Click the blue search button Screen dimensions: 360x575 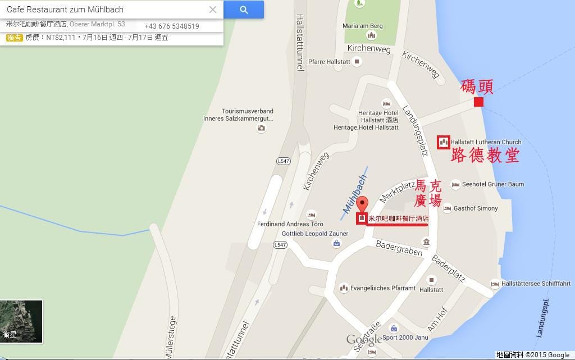point(243,10)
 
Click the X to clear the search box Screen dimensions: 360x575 point(213,10)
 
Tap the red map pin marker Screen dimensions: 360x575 point(362,204)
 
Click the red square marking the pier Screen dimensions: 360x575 point(478,102)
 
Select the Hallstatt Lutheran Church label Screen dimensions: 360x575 point(486,142)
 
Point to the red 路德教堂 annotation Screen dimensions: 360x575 point(485,156)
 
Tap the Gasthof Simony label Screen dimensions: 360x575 point(476,208)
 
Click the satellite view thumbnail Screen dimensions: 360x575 point(21,321)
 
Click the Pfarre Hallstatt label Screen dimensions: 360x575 point(330,62)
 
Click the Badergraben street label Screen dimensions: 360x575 point(399,248)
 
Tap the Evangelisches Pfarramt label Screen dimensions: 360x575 point(382,288)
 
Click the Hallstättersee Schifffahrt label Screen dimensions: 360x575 point(536,284)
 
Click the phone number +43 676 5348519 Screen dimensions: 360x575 point(172,26)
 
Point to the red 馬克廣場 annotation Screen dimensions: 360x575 point(428,193)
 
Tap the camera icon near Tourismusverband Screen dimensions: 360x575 point(261,128)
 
